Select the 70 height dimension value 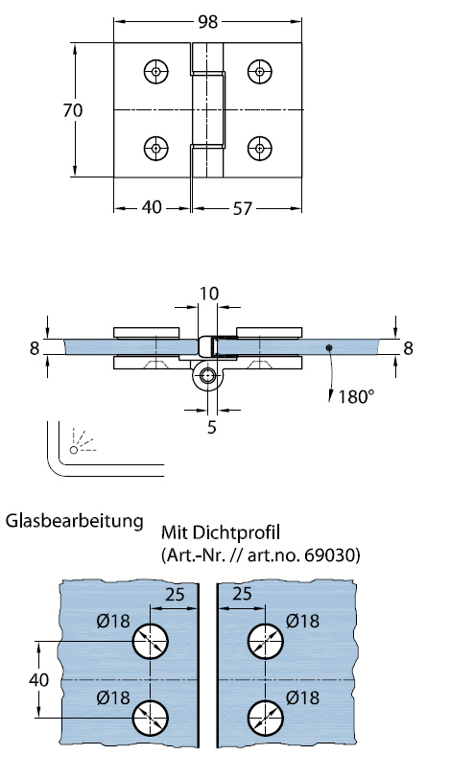pos(72,110)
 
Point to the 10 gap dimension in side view pos(208,292)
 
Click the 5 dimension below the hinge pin pos(212,428)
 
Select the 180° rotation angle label pos(355,395)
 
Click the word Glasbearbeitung pos(74,522)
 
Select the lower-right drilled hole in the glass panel pos(265,717)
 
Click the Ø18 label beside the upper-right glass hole pos(302,621)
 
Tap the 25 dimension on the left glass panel pos(174,595)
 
